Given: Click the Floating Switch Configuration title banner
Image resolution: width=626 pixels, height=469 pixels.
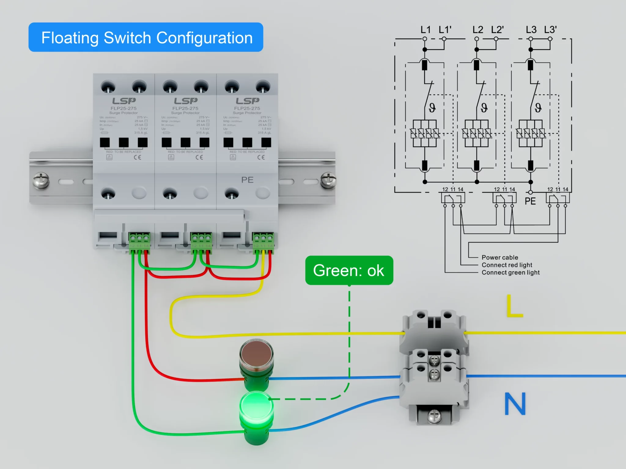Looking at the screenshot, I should [x=146, y=37].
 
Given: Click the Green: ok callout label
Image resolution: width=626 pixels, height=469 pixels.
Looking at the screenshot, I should [x=349, y=271].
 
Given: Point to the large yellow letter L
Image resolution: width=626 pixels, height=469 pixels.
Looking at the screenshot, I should [x=514, y=306].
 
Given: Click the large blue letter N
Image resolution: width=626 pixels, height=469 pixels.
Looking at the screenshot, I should [x=515, y=404].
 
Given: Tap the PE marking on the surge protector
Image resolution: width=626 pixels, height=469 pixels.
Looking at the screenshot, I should [x=247, y=180].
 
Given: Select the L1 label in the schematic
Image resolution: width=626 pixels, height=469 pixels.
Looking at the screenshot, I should [x=425, y=30].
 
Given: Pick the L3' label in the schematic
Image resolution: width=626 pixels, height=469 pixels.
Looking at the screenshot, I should [x=550, y=30].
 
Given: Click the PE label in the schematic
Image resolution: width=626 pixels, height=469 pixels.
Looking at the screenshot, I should [x=530, y=202].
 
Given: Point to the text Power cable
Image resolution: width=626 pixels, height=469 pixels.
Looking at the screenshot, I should [x=500, y=257].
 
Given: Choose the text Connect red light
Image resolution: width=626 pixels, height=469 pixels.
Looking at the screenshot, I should [x=507, y=265].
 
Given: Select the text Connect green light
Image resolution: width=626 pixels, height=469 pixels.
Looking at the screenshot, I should [x=510, y=272].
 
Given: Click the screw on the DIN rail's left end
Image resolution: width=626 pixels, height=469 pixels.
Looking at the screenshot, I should [x=41, y=180].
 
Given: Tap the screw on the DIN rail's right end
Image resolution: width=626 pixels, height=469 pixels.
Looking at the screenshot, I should [x=328, y=180].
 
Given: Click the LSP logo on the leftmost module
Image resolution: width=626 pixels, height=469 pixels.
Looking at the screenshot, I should [x=124, y=101].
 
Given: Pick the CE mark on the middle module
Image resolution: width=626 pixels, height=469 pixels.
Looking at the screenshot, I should [x=199, y=157].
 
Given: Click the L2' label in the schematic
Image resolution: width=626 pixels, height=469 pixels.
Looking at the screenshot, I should [x=497, y=30].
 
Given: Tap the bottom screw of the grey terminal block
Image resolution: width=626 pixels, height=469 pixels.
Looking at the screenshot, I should [x=434, y=416].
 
